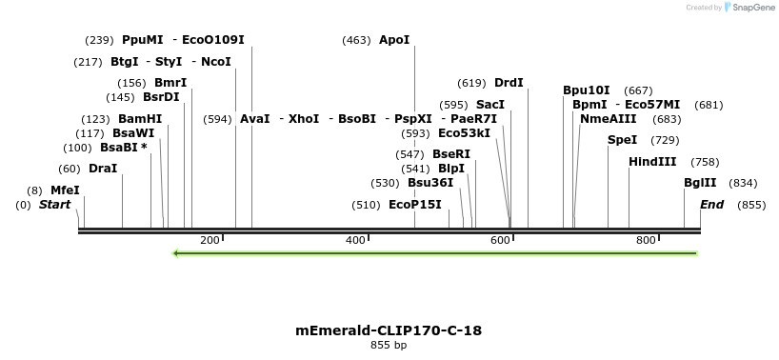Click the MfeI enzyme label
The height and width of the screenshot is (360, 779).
pyautogui.click(x=65, y=190)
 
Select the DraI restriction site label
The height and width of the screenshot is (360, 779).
pyautogui.click(x=103, y=169)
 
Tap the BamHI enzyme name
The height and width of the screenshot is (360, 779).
pyautogui.click(x=140, y=119)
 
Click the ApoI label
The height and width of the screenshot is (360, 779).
pyautogui.click(x=394, y=40)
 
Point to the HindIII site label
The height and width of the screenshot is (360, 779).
pyautogui.click(x=652, y=162)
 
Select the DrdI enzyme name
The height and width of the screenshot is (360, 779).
pyautogui.click(x=509, y=83)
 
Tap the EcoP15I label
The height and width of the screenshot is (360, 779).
pyautogui.click(x=415, y=205)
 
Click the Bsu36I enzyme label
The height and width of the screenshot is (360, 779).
pyautogui.click(x=430, y=183)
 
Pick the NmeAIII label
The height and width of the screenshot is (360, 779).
pyautogui.click(x=609, y=119)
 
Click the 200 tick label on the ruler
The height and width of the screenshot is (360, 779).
pyautogui.click(x=210, y=240)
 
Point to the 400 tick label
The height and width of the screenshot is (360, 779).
pyautogui.click(x=355, y=240)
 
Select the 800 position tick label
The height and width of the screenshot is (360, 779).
pyautogui.click(x=645, y=240)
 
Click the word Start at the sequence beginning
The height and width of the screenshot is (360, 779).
pyautogui.click(x=54, y=205)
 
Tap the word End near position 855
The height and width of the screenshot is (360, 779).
pyautogui.click(x=711, y=205)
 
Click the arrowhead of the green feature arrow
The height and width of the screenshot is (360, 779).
pyautogui.click(x=177, y=253)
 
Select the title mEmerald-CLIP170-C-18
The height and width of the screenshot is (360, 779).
pyautogui.click(x=389, y=330)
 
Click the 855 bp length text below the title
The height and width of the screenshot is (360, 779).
pyautogui.click(x=389, y=345)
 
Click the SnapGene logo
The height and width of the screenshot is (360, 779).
pyautogui.click(x=749, y=8)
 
